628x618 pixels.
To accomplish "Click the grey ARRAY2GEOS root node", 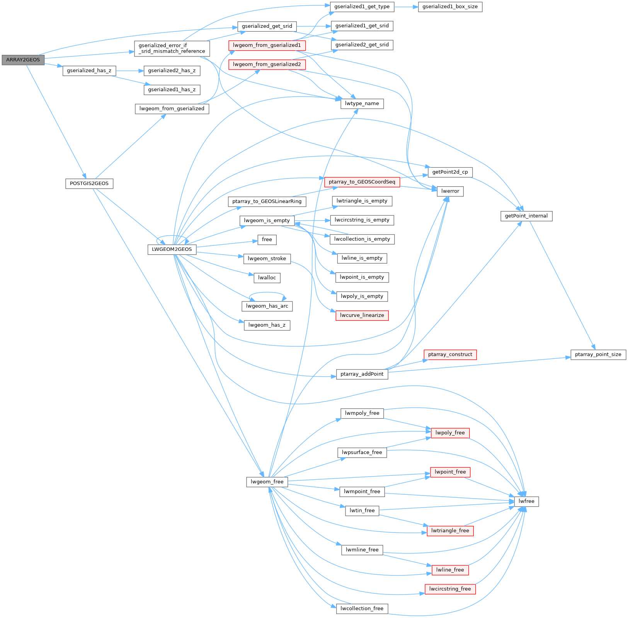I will pos(23,60).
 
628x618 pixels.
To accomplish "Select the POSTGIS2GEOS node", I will pos(89,183).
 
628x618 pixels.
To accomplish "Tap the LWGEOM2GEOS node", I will pos(172,249).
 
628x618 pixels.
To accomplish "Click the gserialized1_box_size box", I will pos(450,7).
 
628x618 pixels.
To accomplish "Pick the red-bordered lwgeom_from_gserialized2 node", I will pos(267,64).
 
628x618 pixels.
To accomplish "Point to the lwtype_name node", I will pos(362,104).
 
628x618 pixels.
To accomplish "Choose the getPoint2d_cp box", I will pos(450,172).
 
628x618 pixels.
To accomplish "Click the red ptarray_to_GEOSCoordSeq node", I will pos(362,182).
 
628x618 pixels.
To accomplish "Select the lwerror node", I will pos(450,191).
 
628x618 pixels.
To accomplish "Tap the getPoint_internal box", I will pos(526,216).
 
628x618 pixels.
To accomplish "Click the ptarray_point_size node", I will pos(598,354).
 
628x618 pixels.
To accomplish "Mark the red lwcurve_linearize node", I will pos(362,315).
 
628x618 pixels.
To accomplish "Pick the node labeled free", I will pos(267,240).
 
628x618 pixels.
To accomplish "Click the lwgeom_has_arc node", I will pos(267,306).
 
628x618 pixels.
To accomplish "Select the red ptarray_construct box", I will pos(450,354).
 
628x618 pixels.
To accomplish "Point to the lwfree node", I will pos(526,501).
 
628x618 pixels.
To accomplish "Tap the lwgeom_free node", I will pos(267,482).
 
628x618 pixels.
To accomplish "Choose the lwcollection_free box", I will pos(362,608).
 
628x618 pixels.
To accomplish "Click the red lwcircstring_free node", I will pos(450,589).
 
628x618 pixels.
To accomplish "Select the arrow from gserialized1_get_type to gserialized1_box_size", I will pos(406,7).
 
